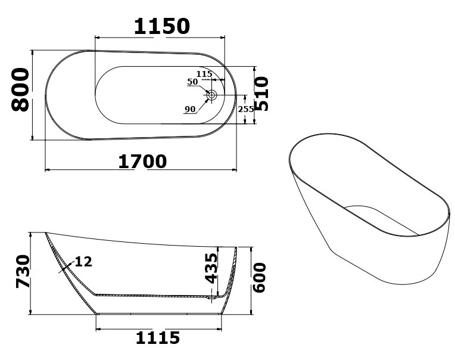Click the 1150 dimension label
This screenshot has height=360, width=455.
(161, 26)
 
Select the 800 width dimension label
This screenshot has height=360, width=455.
(20, 90)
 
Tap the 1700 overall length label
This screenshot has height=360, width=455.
(142, 162)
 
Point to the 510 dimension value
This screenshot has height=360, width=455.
(262, 94)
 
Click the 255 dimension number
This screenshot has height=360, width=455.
(246, 109)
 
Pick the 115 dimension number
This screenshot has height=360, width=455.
(204, 74)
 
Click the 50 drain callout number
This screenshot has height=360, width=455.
(192, 82)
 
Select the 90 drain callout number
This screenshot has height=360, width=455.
(190, 109)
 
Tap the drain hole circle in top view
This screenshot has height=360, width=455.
(211, 95)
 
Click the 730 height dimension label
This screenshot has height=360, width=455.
(23, 271)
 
